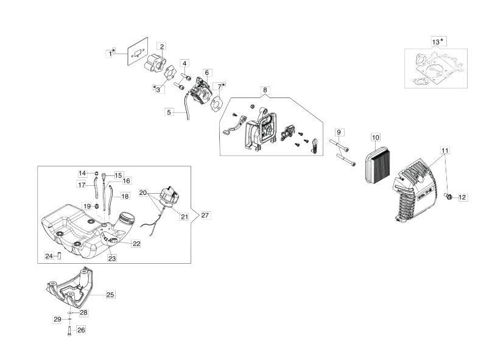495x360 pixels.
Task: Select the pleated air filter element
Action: [377, 168]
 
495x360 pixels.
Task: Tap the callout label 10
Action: [375, 138]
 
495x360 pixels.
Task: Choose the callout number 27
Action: [205, 216]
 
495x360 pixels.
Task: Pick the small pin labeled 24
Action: [58, 255]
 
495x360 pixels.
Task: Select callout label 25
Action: [110, 295]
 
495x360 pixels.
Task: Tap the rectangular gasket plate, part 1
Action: [138, 52]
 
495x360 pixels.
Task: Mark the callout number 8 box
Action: [265, 90]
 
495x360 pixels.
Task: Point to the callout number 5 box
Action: [169, 112]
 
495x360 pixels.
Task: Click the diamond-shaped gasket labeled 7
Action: [217, 102]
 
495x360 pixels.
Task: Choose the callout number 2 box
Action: [162, 47]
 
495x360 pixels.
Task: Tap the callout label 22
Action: [136, 244]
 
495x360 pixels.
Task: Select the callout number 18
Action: [125, 196]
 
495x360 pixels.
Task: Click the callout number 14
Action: [82, 174]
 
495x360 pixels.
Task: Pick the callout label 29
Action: [57, 320]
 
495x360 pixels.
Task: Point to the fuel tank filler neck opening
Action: [127, 217]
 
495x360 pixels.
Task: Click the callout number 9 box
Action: [339, 132]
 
